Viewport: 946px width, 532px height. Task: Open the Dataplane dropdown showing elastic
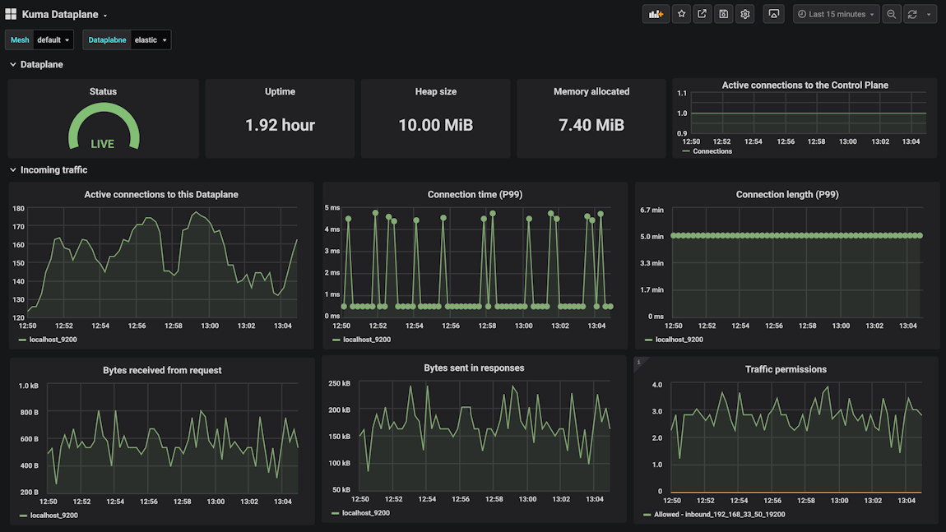coord(151,39)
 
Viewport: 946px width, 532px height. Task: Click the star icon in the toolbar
coord(681,14)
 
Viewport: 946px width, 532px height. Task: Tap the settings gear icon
coord(744,14)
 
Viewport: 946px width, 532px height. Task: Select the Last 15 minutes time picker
coord(836,14)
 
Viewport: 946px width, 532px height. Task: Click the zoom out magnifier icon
coord(892,14)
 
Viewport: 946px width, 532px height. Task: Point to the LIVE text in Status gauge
coord(103,144)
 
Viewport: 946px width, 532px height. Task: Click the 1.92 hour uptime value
coord(280,125)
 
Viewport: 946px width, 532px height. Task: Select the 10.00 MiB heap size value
coord(436,125)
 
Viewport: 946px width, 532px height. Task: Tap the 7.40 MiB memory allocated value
coord(591,125)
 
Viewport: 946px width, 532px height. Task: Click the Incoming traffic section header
coord(53,170)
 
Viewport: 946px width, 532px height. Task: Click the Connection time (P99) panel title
coord(475,195)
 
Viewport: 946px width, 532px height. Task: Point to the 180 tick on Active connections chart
coord(18,208)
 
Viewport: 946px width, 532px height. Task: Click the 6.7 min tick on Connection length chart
coord(652,210)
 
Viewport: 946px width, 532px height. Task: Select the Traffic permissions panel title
coord(786,369)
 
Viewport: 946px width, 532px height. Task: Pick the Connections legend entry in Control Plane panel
coord(712,151)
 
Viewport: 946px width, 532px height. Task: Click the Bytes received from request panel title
coord(162,370)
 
